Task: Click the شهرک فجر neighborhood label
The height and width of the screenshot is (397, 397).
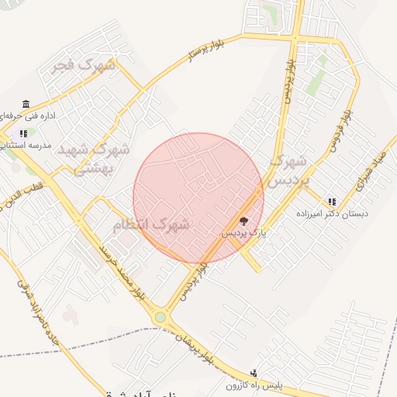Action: (83, 65)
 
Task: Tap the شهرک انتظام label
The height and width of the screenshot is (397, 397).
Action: (151, 226)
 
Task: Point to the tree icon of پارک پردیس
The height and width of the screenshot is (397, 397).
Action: (244, 220)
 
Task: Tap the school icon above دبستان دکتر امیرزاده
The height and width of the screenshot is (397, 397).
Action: (332, 202)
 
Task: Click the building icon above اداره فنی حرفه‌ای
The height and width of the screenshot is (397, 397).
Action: (26, 105)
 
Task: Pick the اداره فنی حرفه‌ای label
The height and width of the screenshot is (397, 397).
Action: (30, 116)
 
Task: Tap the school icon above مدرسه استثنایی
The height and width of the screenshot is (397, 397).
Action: (23, 133)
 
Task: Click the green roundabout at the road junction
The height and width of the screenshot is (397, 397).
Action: (161, 316)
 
